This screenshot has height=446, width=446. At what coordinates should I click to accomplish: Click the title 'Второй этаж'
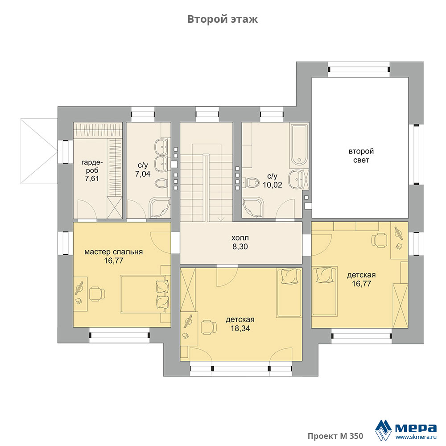click(223, 19)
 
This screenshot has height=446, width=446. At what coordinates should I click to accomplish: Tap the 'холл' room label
click(240, 238)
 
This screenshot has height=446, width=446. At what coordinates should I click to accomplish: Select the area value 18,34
click(240, 328)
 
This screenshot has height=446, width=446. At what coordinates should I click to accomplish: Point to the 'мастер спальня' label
click(113, 252)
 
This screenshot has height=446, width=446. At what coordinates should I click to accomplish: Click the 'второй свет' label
click(361, 156)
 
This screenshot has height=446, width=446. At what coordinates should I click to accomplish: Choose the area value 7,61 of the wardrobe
click(92, 178)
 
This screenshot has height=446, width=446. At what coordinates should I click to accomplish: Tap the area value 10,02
click(272, 185)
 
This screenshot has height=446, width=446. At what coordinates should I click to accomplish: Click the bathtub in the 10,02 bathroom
click(299, 145)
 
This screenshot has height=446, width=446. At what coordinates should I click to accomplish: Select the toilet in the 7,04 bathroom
click(162, 183)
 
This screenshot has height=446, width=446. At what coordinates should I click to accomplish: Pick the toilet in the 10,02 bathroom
click(252, 182)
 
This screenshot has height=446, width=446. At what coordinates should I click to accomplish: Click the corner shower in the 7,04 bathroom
click(160, 208)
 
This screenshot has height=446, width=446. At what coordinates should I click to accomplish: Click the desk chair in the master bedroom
click(97, 294)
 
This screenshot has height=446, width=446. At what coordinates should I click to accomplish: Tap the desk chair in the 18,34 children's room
click(209, 327)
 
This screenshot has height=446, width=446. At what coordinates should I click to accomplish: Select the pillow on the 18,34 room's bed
click(289, 276)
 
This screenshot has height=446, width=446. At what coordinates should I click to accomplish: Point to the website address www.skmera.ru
click(416, 437)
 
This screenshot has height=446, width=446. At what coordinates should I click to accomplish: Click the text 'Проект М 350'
click(335, 436)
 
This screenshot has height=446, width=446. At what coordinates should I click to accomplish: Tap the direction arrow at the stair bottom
click(221, 219)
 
